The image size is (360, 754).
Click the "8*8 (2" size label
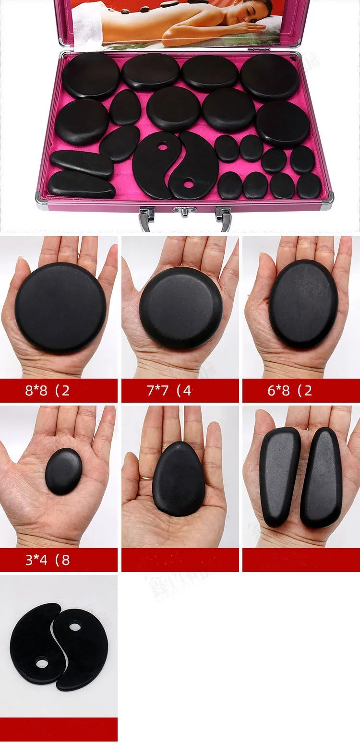(x=48, y=390)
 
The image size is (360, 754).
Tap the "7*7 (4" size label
(x=169, y=390)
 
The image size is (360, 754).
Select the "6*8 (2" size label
(x=290, y=390)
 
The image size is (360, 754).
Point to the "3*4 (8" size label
(x=48, y=560)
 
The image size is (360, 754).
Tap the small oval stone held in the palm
(x=63, y=471)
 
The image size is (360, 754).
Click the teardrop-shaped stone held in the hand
(x=179, y=479)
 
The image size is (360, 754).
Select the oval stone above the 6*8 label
(x=303, y=304)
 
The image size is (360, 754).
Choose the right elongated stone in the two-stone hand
(x=322, y=478)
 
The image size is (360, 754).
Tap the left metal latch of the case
(x=146, y=217)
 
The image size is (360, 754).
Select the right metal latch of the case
(x=223, y=216)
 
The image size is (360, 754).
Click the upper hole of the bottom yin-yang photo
(x=74, y=627)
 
